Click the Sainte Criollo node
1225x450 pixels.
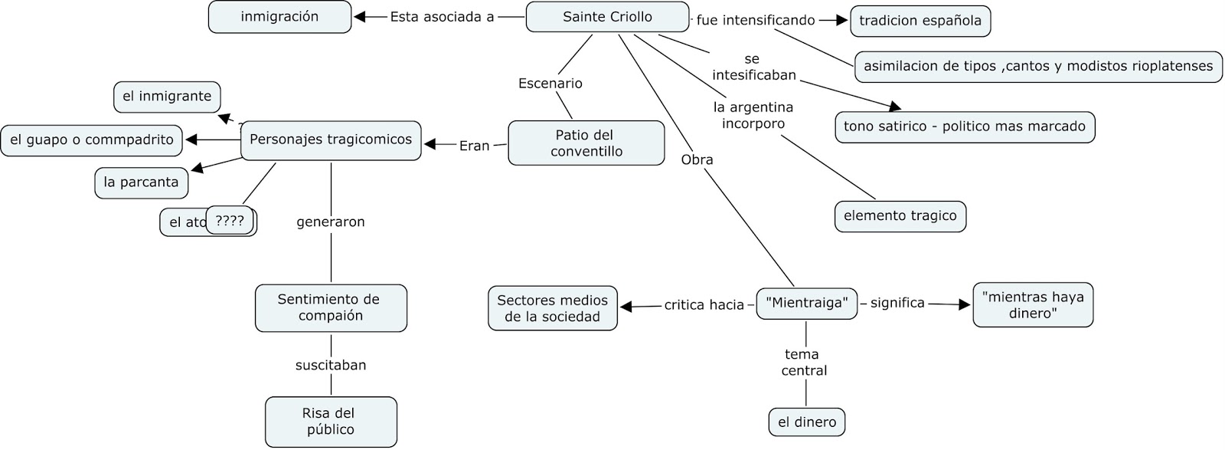(x=607, y=17)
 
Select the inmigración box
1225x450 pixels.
(x=279, y=17)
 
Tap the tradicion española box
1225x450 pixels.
(x=920, y=21)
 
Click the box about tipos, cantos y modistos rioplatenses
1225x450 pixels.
(x=1037, y=67)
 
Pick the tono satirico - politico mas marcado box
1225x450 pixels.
(x=964, y=126)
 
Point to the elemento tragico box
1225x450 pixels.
(x=900, y=216)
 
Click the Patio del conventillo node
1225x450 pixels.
(x=586, y=143)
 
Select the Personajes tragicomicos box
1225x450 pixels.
(x=331, y=140)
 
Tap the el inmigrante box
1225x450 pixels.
(x=167, y=97)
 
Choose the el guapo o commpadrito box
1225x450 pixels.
(x=92, y=140)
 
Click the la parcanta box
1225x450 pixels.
(x=141, y=182)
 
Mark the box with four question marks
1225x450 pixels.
(x=230, y=221)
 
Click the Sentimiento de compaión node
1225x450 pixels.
(x=331, y=307)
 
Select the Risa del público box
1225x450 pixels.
(x=331, y=422)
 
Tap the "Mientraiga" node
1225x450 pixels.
(x=806, y=304)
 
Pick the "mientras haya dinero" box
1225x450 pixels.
(x=1032, y=305)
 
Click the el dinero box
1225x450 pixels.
(x=807, y=422)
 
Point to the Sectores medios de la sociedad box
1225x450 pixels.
(x=552, y=308)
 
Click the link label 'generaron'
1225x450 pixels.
(x=331, y=222)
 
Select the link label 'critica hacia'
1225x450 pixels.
(x=704, y=305)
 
